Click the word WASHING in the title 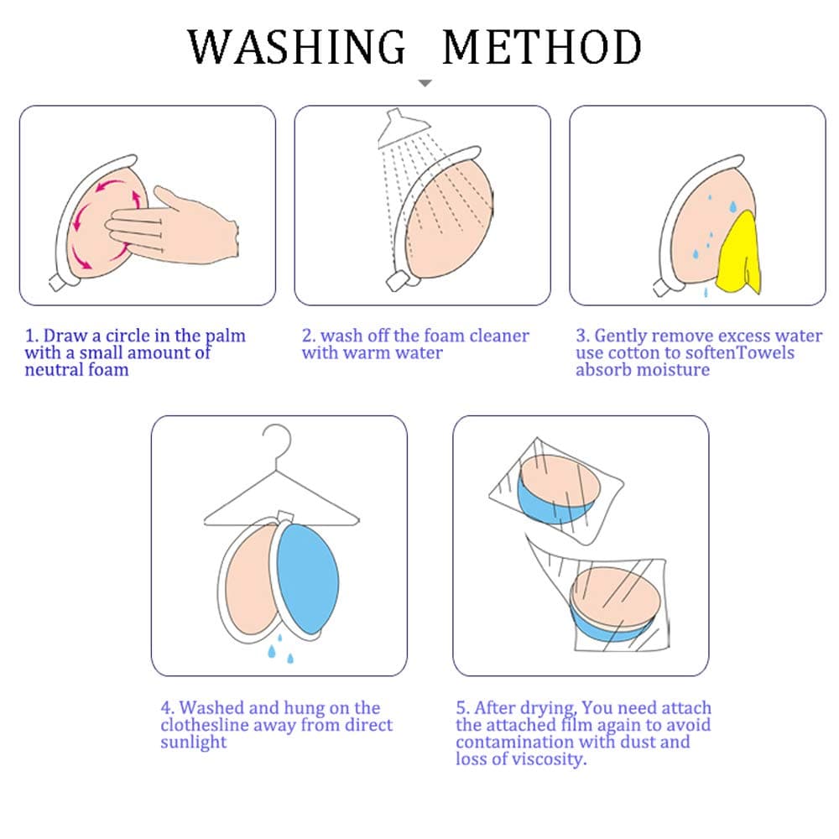(296, 46)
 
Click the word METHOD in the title (542, 46)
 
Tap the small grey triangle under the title (425, 83)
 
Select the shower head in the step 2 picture (401, 128)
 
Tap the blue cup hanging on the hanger (307, 578)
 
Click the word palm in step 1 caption (226, 336)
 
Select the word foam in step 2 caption (444, 336)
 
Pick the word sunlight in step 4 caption (194, 743)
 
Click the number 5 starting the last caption (461, 708)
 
